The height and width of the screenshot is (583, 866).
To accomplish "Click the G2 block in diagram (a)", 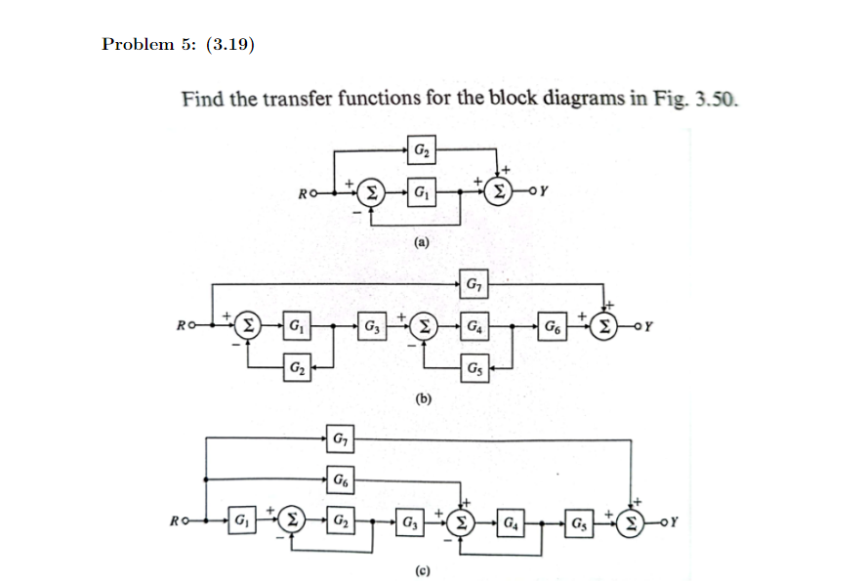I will pyautogui.click(x=420, y=151).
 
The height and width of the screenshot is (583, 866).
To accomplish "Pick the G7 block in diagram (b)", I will pyautogui.click(x=474, y=285).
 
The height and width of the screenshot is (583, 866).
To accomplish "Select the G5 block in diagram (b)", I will pyautogui.click(x=474, y=368).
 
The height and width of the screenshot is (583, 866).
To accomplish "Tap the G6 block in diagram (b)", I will pyautogui.click(x=553, y=323).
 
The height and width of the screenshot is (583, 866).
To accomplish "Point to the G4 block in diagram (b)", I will pyautogui.click(x=474, y=323).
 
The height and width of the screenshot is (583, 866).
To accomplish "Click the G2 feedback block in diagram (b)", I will pyautogui.click(x=296, y=368).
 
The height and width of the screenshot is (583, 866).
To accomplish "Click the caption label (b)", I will pyautogui.click(x=423, y=398).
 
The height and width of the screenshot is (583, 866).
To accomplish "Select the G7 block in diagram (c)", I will pyautogui.click(x=339, y=440).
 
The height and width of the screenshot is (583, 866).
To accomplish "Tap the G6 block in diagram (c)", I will pyautogui.click(x=339, y=479).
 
